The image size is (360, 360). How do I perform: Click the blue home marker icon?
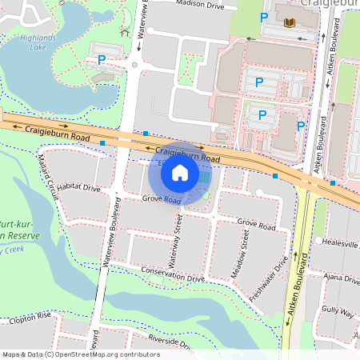click(180, 172)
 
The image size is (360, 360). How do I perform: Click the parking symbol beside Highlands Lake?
click(101, 59)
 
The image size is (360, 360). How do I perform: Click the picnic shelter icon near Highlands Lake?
click(124, 33)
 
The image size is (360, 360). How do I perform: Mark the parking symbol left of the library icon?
click(263, 17)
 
